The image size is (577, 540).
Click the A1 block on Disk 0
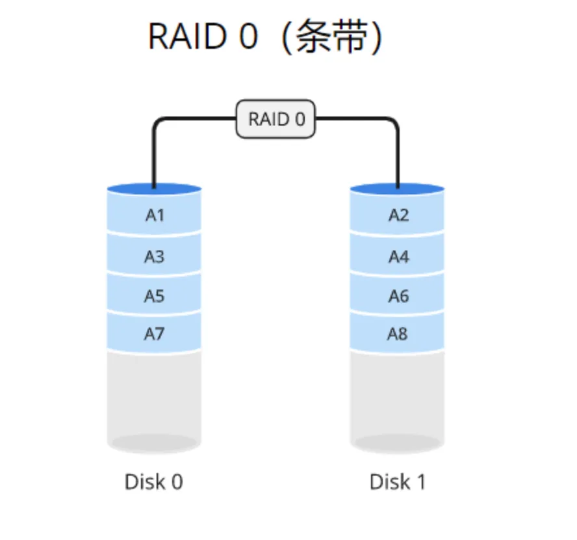(154, 215)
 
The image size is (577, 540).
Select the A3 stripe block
(154, 256)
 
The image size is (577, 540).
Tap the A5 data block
(154, 296)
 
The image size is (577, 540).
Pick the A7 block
(154, 334)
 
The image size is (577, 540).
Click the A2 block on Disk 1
(398, 215)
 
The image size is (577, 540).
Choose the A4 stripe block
(398, 256)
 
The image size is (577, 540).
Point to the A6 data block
(398, 296)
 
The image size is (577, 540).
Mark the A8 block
(398, 334)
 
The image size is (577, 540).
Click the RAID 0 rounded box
(276, 119)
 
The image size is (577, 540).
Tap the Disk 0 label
(154, 482)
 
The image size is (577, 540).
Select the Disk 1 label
(398, 482)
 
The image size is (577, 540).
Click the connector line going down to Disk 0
(154, 156)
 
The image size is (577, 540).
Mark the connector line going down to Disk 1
(397, 156)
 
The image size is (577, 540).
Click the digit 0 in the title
(248, 37)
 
